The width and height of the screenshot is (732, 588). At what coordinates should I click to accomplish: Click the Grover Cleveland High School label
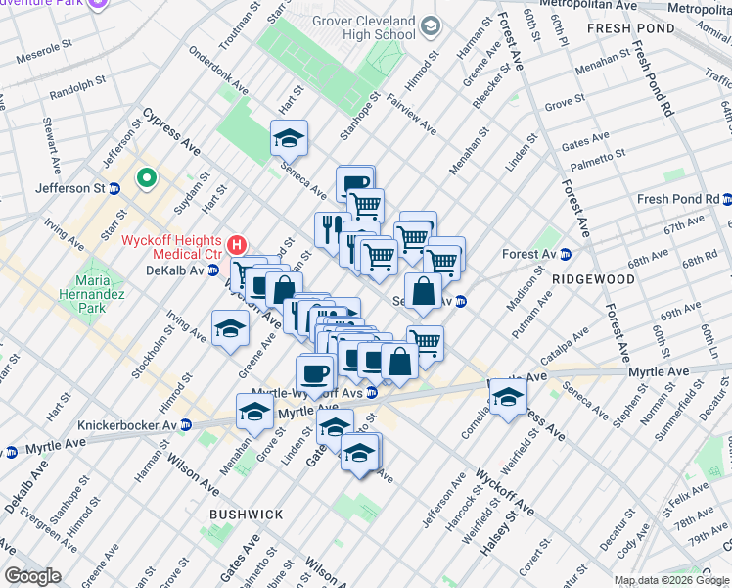point(364,27)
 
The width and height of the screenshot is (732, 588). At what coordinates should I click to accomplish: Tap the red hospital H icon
point(235,244)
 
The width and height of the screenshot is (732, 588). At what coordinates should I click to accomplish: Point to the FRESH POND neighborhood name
point(630,29)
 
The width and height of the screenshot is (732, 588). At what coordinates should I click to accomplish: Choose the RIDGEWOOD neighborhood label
point(593,279)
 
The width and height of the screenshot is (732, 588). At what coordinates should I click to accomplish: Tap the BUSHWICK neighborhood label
point(246,514)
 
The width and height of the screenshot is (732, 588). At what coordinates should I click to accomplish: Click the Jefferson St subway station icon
point(114,188)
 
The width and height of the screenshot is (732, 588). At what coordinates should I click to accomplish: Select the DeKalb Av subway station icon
point(212,270)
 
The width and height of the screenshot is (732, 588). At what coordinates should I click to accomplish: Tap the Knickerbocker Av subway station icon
point(183,425)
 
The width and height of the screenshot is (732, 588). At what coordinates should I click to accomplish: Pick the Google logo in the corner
point(33,576)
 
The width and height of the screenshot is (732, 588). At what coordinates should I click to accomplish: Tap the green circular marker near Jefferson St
point(147,177)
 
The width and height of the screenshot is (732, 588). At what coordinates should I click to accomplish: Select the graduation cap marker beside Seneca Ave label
point(289,139)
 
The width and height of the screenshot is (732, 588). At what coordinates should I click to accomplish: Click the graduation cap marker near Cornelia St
point(509,397)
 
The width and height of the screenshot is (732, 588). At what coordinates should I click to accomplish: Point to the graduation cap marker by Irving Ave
point(230,328)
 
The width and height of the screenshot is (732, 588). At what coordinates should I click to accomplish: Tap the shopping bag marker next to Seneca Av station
point(424,292)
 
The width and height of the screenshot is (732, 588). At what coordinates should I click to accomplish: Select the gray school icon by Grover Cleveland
point(431,27)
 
